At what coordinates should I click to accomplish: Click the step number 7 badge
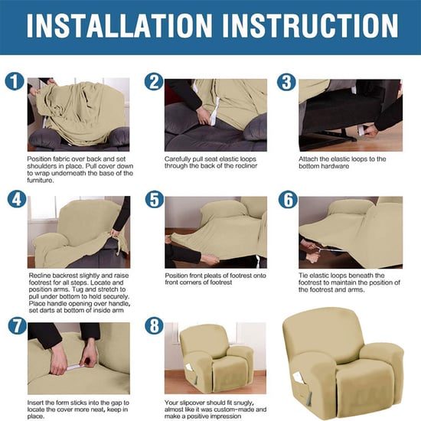point(15,325)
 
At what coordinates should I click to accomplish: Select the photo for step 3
point(350,113)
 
